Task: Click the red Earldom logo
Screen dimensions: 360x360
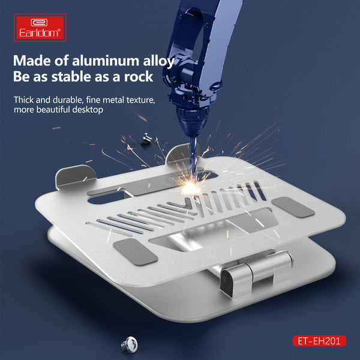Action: coord(40,28)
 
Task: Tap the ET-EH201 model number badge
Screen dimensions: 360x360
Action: coord(319,341)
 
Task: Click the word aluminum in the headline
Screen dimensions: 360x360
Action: coord(106,61)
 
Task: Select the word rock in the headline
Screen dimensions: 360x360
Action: coord(139,77)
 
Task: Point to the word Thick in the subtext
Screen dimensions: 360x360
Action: coord(23,100)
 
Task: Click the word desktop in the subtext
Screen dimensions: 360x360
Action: coord(88,110)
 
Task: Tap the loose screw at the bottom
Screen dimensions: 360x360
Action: coord(130,344)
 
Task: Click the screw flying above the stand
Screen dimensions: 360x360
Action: coord(146,138)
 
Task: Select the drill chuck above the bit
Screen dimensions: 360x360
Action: coord(193,123)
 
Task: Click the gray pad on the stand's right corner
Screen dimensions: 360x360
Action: coord(293,207)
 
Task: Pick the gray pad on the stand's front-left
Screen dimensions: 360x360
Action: coord(136,251)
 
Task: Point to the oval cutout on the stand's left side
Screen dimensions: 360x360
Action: coord(106,198)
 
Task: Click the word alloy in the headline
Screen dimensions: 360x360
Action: coord(159,61)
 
